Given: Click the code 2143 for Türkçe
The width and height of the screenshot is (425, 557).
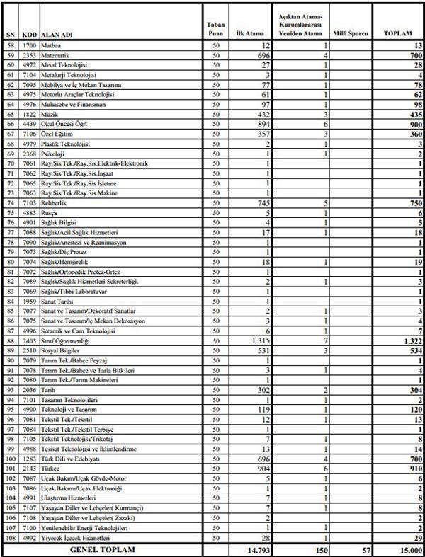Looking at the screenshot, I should (x=29, y=469).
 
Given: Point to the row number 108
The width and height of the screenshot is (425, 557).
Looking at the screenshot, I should (x=8, y=538).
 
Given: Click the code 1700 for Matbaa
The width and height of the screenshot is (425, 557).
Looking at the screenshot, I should (x=29, y=45).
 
